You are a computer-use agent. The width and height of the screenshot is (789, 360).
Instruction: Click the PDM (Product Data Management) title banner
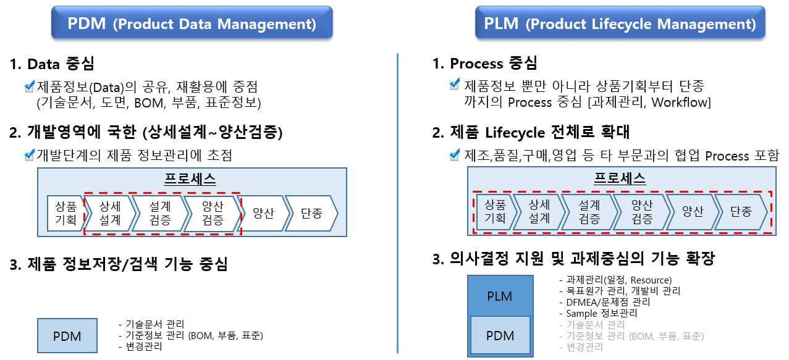(x=192, y=24)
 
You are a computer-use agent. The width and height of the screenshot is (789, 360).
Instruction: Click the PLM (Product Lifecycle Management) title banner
(x=620, y=24)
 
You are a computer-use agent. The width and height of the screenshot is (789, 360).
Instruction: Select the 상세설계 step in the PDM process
(x=109, y=213)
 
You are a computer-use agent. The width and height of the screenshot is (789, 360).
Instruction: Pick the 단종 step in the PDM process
(x=311, y=213)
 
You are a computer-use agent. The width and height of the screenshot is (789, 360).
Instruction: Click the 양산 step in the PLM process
(x=693, y=212)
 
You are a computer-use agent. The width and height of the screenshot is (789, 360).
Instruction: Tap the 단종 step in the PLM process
(x=740, y=212)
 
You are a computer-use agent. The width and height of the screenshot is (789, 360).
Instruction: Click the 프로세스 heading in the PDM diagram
(x=190, y=179)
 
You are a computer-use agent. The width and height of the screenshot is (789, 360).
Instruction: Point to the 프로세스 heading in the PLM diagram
(x=620, y=178)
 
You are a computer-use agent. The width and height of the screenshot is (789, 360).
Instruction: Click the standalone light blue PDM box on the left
(x=67, y=337)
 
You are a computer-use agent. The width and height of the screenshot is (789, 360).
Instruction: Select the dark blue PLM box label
(x=499, y=296)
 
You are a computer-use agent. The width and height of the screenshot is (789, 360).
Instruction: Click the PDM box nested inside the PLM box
(x=499, y=335)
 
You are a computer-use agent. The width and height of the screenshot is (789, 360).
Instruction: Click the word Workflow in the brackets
(x=685, y=102)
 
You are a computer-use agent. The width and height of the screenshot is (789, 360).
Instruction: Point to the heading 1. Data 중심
(x=52, y=64)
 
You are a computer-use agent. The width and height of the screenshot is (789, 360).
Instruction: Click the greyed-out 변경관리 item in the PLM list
(x=584, y=347)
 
